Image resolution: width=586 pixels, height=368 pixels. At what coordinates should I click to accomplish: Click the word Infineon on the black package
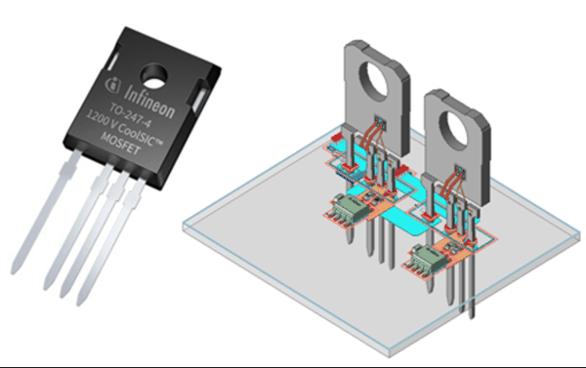(149, 102)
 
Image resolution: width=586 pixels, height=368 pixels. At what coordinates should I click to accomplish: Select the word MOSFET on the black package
(120, 143)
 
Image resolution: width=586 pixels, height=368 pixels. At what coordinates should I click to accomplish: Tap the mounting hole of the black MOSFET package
(153, 76)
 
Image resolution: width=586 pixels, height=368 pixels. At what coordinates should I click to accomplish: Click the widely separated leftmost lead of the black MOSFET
(45, 212)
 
